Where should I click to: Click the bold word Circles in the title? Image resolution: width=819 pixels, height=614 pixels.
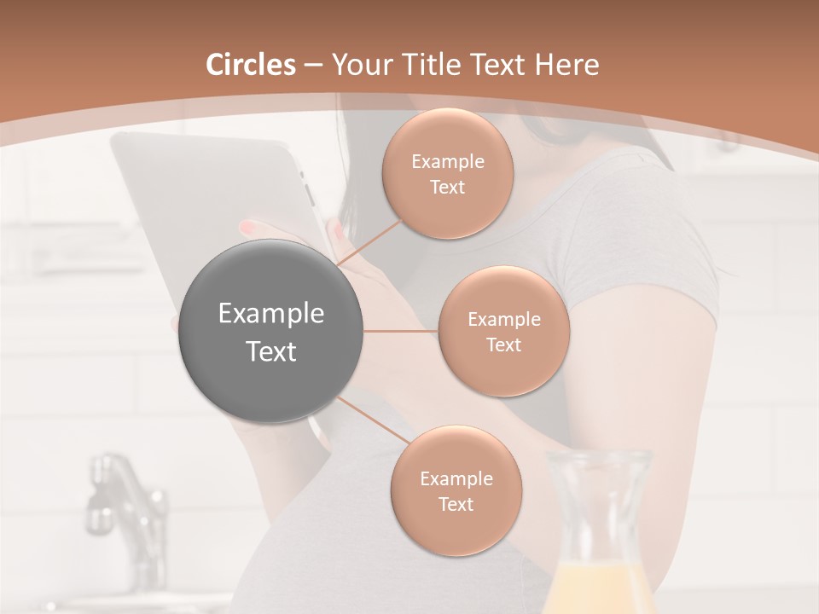[x=251, y=65]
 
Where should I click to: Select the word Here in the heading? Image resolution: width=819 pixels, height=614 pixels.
[x=567, y=65]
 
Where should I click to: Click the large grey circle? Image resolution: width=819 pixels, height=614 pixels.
[x=270, y=331]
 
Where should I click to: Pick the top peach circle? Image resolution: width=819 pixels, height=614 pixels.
[x=448, y=173]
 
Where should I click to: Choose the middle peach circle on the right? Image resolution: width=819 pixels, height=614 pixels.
[x=503, y=331]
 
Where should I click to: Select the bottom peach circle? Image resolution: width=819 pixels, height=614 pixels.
[x=456, y=490]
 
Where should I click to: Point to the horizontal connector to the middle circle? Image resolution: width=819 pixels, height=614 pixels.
[x=401, y=331]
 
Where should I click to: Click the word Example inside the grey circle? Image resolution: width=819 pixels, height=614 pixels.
[x=270, y=314]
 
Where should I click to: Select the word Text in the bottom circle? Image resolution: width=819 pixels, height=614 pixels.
[x=456, y=504]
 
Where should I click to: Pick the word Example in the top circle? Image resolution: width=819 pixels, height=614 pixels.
[x=448, y=162]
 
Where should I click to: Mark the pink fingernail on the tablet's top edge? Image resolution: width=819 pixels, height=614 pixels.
[x=247, y=228]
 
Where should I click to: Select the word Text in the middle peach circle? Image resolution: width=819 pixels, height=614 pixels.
[x=503, y=345]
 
